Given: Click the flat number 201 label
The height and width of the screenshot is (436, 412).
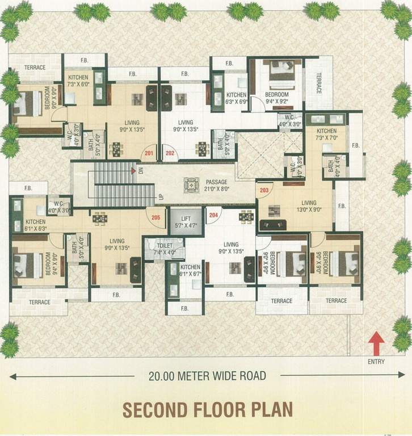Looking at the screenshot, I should tap(149, 153).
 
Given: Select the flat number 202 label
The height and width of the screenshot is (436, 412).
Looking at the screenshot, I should tap(170, 153).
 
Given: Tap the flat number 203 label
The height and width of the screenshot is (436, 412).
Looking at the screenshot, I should tap(264, 191).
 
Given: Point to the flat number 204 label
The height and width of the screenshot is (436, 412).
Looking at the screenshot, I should tap(213, 215).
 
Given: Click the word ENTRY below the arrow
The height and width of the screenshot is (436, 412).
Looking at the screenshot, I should tap(376, 362).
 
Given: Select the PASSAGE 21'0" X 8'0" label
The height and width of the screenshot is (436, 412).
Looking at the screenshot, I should tap(217, 186).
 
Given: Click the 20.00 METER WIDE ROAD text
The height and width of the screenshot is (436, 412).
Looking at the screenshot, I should tap(207, 375).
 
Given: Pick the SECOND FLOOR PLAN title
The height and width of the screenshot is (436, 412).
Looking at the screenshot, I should tap(207, 410).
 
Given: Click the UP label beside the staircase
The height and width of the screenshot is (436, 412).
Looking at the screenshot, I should tap(161, 196).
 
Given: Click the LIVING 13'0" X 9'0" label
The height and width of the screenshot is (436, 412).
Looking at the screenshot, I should tap(309, 206).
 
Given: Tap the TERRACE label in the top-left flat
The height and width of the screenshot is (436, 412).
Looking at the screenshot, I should tap(35, 68).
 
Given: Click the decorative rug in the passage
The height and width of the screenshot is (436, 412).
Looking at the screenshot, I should tap(191, 185).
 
